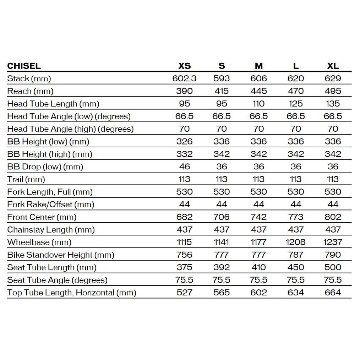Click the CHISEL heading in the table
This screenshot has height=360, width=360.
point(24,66)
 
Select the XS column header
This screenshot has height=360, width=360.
point(184,66)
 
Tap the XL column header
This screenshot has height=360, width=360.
point(333,66)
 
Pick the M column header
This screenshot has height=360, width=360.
point(258,66)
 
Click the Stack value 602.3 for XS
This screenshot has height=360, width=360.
point(184,78)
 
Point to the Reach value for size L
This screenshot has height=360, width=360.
point(296,91)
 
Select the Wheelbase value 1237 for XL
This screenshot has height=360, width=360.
point(333,242)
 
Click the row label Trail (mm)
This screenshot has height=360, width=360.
point(26,179)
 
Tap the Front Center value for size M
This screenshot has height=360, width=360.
point(258,217)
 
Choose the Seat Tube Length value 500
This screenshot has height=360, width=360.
point(333,267)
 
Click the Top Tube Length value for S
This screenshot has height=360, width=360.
point(222,293)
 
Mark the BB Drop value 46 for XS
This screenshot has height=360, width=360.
point(184,167)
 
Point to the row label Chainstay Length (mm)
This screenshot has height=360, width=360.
point(51,230)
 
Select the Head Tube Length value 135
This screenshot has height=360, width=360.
point(333,104)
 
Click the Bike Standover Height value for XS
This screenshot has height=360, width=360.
point(184,255)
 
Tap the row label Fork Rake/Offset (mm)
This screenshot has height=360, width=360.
point(51,204)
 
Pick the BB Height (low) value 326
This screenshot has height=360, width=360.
point(184,142)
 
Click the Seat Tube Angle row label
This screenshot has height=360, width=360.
point(57,280)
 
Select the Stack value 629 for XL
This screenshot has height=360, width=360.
point(333,78)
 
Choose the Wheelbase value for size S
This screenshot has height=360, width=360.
point(222,242)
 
